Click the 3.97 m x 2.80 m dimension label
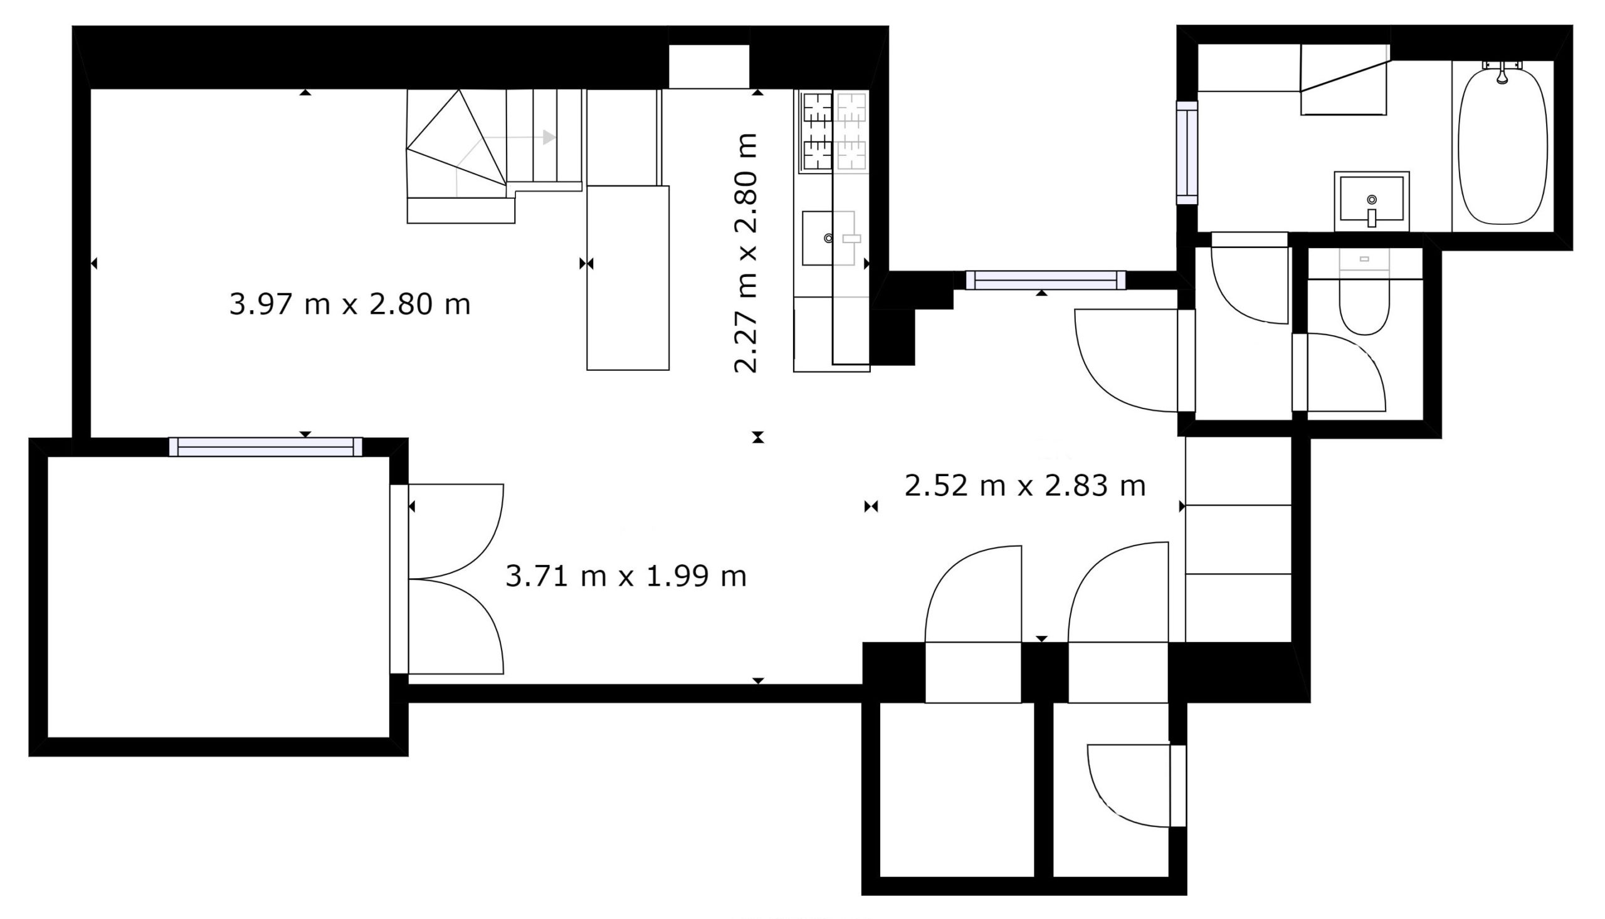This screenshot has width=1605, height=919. tap(350, 305)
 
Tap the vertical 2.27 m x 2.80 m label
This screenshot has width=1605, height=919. tap(745, 253)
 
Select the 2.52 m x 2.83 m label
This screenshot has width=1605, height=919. tap(1025, 486)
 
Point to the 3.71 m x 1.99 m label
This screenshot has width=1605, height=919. tap(626, 576)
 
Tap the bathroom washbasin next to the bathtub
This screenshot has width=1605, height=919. tap(1371, 200)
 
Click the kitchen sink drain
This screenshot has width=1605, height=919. tap(828, 238)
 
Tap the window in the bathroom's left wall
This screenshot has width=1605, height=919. tap(1186, 153)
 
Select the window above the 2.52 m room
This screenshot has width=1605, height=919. tap(1045, 279)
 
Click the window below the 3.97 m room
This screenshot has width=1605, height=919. tap(266, 446)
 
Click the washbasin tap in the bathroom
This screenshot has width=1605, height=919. tap(1371, 217)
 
